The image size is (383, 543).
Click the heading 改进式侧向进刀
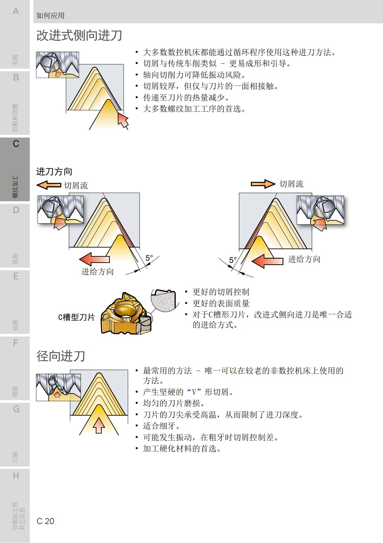(x=79, y=35)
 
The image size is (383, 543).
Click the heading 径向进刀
(x=61, y=356)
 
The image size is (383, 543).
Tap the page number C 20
(x=46, y=521)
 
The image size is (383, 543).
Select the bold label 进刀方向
(x=54, y=171)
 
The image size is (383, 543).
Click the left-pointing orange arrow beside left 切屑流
(x=48, y=185)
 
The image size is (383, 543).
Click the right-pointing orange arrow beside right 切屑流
(x=263, y=184)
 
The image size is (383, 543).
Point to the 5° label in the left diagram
(x=149, y=258)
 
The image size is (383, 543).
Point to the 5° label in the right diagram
(x=233, y=260)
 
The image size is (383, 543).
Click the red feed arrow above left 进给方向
(x=94, y=259)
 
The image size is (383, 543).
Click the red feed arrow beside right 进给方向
(x=267, y=261)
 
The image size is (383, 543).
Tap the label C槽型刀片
(x=76, y=317)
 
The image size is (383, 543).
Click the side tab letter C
(x=16, y=144)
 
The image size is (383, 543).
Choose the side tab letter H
(x=16, y=476)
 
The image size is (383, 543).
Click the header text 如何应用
(x=50, y=15)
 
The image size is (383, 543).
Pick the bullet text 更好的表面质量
(x=221, y=303)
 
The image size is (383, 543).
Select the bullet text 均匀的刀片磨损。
(x=174, y=403)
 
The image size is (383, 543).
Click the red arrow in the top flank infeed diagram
(x=123, y=120)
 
